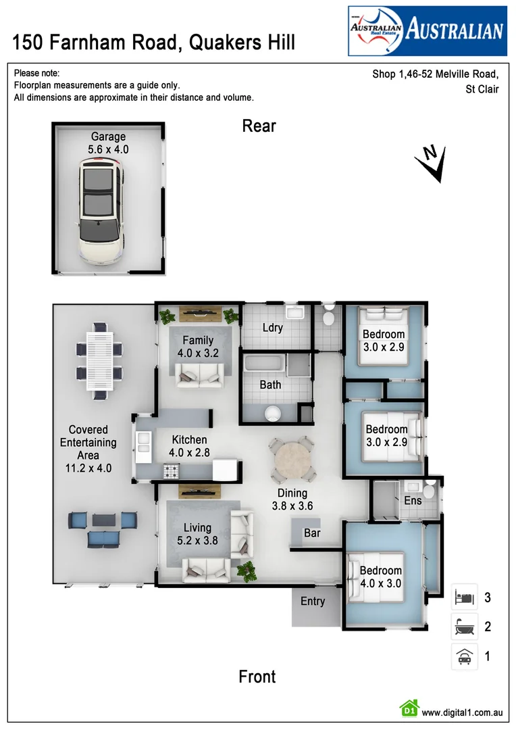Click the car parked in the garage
click(x=102, y=210)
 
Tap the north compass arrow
click(x=432, y=164)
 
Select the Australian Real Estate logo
click(x=427, y=30)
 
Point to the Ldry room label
click(x=272, y=328)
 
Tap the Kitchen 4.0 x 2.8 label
click(x=189, y=446)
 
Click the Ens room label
click(x=413, y=501)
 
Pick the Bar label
click(x=312, y=533)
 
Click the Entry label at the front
click(x=313, y=601)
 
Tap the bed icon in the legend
click(x=465, y=598)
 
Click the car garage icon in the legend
click(x=465, y=656)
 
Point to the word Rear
click(x=259, y=126)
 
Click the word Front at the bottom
click(x=257, y=677)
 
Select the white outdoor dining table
click(x=99, y=360)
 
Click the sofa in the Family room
click(x=199, y=374)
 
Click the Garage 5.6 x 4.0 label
click(x=108, y=143)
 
